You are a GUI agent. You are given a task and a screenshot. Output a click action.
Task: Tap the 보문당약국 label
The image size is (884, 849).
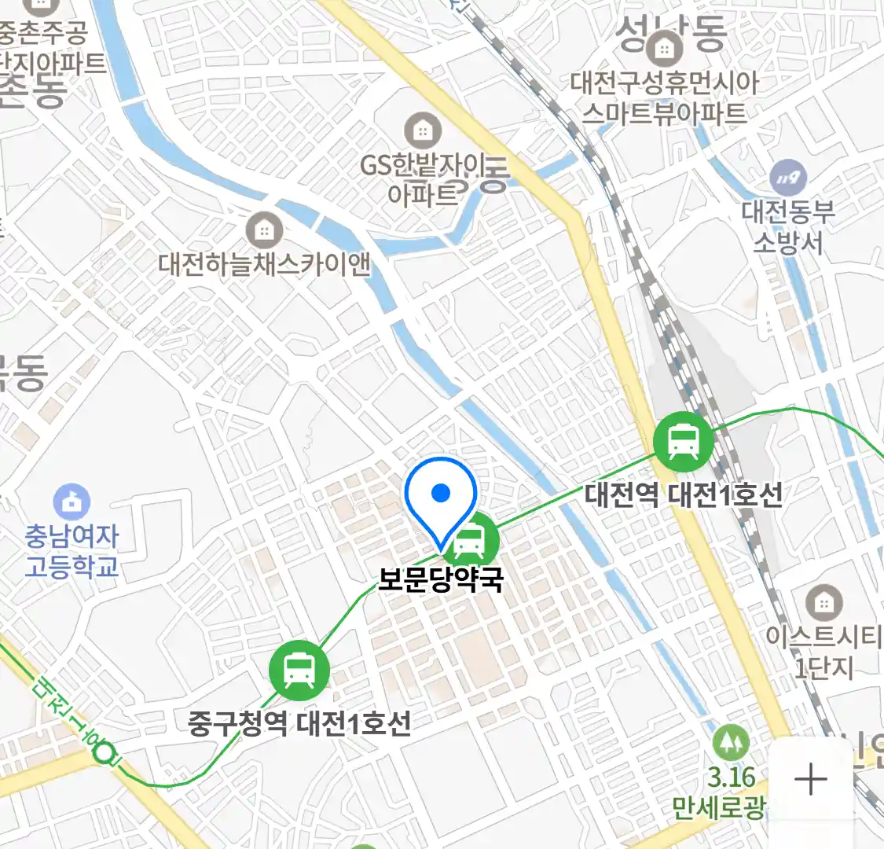tap(441, 580)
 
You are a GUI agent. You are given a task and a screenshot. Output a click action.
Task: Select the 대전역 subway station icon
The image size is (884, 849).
tap(684, 442)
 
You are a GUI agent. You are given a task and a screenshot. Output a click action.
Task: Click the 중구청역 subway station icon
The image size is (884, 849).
tap(299, 671)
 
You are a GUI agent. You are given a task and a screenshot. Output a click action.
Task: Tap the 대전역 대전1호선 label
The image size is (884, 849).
tap(684, 495)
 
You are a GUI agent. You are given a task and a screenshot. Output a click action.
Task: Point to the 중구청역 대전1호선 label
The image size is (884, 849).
tap(299, 723)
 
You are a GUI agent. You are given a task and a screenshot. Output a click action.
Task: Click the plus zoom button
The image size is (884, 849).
tap(810, 780)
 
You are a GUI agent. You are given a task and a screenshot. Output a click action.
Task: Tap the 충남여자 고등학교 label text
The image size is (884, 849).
tap(72, 551)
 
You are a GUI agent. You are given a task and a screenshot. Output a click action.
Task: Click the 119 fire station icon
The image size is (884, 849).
tap(787, 178)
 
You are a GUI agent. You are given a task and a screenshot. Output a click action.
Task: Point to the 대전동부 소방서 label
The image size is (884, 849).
tap(788, 227)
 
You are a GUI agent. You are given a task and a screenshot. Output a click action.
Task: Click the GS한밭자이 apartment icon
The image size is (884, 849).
tap(423, 130)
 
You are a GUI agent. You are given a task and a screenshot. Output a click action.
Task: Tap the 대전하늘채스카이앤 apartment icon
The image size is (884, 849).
tap(264, 230)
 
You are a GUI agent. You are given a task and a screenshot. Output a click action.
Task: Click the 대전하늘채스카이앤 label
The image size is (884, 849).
tap(264, 264)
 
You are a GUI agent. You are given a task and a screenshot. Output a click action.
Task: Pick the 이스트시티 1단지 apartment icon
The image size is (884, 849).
tap(823, 603)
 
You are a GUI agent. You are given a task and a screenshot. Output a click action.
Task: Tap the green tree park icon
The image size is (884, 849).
tap(731, 743)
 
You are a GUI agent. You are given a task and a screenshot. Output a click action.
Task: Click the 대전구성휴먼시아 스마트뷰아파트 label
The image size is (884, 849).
tap(665, 98)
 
